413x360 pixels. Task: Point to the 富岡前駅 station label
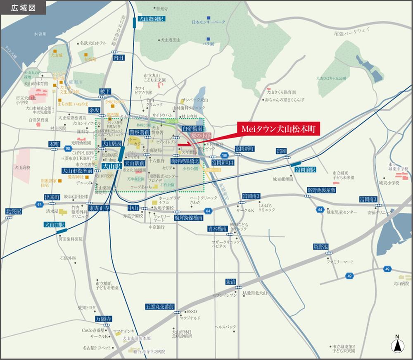coord(305,169)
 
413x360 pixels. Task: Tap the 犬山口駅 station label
coord(55,225)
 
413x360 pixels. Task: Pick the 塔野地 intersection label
coord(320,247)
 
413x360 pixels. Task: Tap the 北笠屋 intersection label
coord(14,211)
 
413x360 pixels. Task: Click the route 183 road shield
coord(68,148)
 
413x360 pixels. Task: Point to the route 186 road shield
coord(223,155)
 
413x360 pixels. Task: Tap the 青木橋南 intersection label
coord(217,229)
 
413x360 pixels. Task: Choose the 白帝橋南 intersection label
coord(192,129)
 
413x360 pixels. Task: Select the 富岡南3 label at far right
coord(368,200)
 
